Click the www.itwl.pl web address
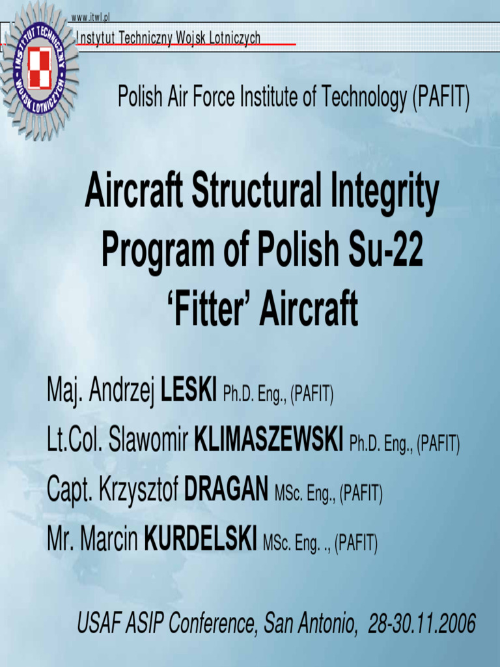(90, 16)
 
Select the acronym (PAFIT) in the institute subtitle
(441, 98)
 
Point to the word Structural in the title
(260, 193)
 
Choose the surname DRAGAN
(227, 490)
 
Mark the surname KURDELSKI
(201, 539)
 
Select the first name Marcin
(109, 539)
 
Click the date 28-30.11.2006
(422, 623)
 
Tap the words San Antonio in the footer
(311, 623)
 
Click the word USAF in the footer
(96, 623)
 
